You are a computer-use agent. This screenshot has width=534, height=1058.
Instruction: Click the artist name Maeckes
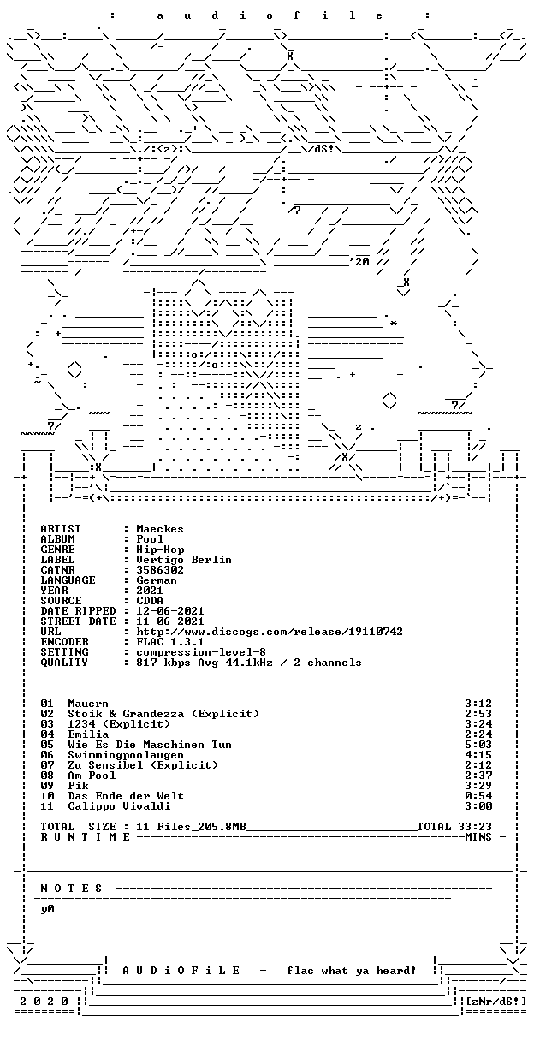159,529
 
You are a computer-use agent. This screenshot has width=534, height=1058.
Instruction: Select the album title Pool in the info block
150,539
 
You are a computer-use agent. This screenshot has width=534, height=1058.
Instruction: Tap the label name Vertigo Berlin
184,560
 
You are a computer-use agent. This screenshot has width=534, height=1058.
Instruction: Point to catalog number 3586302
159,570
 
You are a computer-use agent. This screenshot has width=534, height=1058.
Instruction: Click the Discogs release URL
270,632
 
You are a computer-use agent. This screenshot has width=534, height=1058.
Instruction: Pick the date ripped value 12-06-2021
170,611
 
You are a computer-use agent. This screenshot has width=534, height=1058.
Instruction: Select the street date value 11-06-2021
170,621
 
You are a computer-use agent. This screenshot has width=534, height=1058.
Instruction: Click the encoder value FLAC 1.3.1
170,642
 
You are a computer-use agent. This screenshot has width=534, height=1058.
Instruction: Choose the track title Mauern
88,704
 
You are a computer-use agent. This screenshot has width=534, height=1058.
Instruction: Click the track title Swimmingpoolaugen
126,755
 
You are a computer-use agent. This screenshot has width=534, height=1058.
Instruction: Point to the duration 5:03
478,745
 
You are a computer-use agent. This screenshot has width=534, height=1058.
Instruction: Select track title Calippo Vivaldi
119,806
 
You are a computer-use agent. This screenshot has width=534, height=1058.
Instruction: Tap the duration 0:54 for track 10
478,796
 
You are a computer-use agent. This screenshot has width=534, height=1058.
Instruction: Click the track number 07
47,765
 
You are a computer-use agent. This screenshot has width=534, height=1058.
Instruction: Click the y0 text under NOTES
47,909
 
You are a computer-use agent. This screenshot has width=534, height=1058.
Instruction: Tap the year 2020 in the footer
44,1002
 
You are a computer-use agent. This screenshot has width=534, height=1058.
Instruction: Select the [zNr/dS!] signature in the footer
495,1002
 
